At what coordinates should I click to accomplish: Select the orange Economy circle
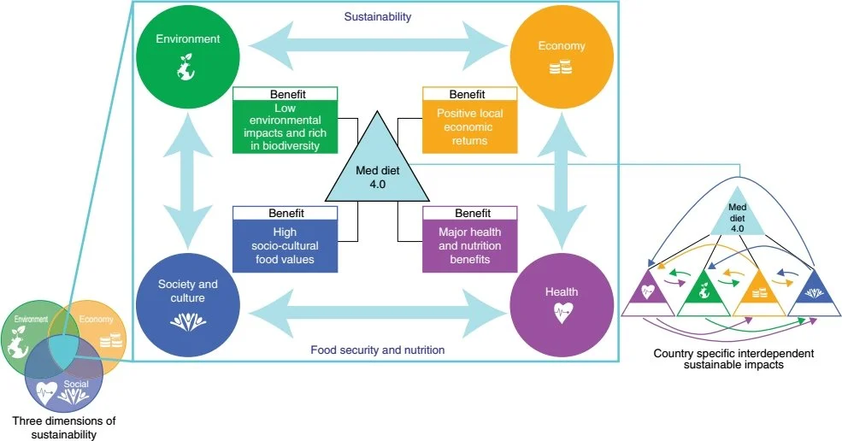click(560, 56)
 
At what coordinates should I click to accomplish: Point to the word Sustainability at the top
click(376, 16)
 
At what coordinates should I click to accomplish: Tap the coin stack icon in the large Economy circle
click(560, 67)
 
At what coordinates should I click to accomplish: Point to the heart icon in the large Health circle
click(560, 312)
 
